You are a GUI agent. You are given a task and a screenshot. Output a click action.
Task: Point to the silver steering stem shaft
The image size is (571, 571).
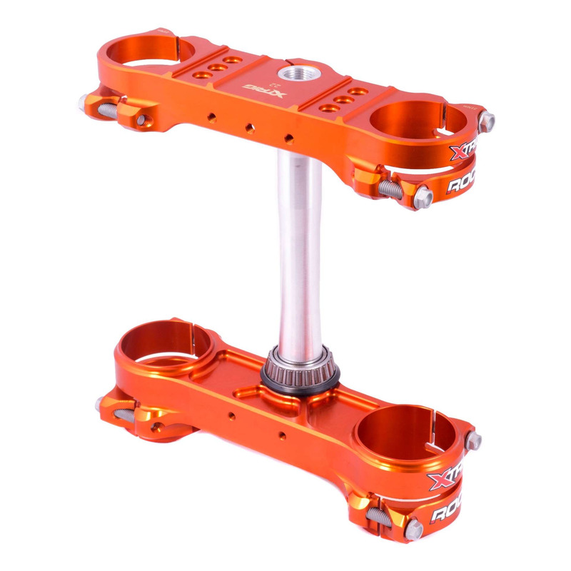[300, 250]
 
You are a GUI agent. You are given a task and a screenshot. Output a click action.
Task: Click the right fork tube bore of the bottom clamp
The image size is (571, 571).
[405, 433]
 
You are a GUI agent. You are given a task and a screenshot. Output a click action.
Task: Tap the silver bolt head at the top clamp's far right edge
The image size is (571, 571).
[487, 121]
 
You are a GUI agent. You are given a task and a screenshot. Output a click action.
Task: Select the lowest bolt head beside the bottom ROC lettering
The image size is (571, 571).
[413, 530]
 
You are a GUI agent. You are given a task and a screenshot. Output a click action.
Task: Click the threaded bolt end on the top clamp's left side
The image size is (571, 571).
[106, 109]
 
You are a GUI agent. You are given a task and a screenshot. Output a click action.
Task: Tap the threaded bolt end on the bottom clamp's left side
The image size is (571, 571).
[118, 413]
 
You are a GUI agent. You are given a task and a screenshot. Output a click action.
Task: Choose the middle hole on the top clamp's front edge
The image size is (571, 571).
[250, 128]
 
